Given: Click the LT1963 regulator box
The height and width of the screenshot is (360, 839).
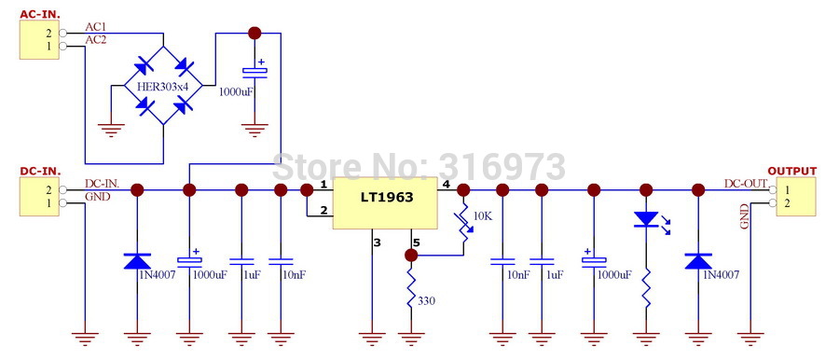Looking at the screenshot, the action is click(x=385, y=203).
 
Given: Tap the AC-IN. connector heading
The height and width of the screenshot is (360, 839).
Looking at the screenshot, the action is click(x=40, y=15).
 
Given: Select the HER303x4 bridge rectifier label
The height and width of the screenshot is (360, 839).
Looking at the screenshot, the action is click(x=162, y=87).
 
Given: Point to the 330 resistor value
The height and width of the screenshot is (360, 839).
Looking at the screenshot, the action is click(x=426, y=301).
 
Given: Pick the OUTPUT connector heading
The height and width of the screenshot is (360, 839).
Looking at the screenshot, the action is click(x=791, y=172).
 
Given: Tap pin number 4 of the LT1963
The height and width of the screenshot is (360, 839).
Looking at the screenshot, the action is click(x=446, y=185).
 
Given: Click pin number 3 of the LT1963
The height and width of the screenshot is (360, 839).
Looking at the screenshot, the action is click(x=378, y=242).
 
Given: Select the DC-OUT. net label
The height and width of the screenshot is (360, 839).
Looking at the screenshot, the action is click(x=747, y=183).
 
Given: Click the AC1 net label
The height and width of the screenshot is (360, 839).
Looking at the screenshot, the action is click(x=95, y=27).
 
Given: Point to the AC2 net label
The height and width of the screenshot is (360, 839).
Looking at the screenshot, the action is click(x=95, y=40).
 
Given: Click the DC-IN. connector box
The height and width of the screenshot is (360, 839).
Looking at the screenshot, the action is click(x=39, y=197).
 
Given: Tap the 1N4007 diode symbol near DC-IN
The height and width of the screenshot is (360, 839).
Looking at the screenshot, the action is click(x=137, y=261).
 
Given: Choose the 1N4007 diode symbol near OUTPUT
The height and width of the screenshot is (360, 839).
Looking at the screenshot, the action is click(x=697, y=261).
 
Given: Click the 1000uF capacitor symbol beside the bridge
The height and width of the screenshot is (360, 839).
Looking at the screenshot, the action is click(x=254, y=71).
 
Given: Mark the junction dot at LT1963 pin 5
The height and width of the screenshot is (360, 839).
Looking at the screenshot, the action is click(x=411, y=256).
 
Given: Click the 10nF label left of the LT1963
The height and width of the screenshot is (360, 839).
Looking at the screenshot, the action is click(x=294, y=275).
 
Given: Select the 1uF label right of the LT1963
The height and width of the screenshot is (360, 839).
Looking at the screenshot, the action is click(x=554, y=275).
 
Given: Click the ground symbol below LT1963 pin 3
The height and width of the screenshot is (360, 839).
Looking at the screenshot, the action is click(x=372, y=339).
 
